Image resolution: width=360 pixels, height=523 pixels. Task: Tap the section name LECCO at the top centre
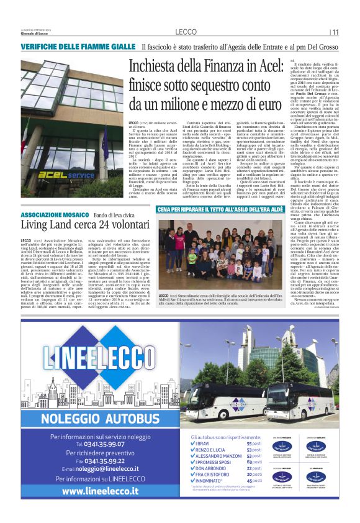point(186,32)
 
